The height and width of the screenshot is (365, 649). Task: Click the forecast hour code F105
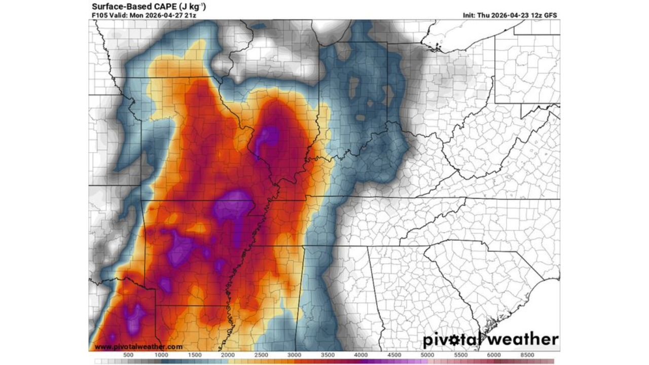(x=100, y=15)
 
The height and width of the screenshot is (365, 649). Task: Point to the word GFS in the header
(x=551, y=15)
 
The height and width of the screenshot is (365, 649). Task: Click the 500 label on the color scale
(x=128, y=355)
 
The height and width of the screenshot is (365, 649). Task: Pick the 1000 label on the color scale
(x=161, y=355)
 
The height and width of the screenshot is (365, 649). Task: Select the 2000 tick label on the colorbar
(x=228, y=355)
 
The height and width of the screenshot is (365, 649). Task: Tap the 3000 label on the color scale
(x=294, y=355)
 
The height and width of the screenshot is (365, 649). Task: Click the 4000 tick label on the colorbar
(x=360, y=355)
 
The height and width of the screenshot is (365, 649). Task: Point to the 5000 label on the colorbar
(x=427, y=355)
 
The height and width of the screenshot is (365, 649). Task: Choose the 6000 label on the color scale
(x=493, y=355)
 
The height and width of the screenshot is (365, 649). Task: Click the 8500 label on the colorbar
(x=526, y=355)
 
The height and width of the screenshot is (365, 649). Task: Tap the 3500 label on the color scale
(x=327, y=355)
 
